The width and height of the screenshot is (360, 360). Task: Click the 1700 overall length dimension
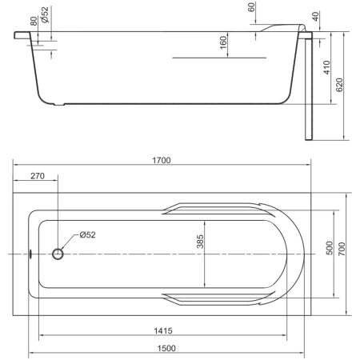click(162, 160)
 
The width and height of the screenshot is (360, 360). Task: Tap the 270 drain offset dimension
click(38, 176)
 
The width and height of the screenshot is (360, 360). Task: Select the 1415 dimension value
click(163, 330)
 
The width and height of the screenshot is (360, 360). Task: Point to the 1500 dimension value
click(166, 348)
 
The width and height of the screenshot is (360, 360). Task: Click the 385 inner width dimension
click(200, 242)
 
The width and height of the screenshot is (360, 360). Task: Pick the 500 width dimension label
click(330, 248)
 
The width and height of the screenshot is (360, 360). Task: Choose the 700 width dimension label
click(342, 249)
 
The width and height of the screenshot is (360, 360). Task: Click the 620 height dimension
click(339, 85)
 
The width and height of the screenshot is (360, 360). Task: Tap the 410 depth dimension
click(326, 67)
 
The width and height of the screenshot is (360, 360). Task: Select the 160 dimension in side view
click(223, 42)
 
